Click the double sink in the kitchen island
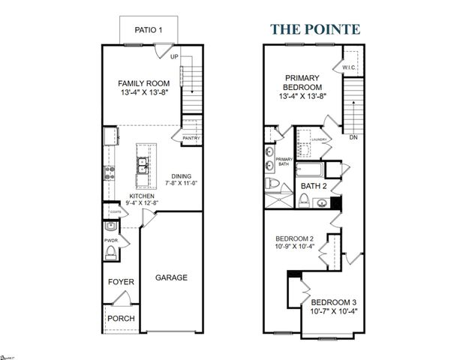coord(140,171)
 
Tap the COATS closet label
coord(114,211)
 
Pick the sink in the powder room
coord(110,229)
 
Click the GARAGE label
coord(171,277)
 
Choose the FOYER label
coord(121,282)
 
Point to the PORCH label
coord(121,318)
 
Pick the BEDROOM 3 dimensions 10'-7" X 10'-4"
coord(333,311)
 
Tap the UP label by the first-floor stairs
coord(174,56)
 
